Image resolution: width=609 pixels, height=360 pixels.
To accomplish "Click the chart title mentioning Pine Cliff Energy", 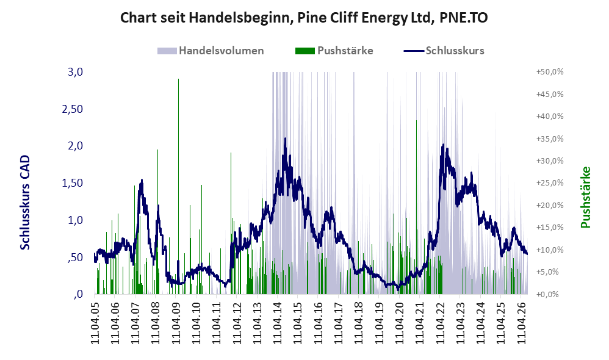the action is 304,18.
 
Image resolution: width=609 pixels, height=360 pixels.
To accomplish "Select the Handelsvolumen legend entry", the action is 211,51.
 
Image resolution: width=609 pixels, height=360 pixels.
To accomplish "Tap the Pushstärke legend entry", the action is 334,51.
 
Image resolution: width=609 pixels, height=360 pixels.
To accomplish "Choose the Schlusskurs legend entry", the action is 444,51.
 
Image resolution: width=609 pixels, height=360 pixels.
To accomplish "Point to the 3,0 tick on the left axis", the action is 75,72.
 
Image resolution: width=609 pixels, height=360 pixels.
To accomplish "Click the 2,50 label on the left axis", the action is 73,109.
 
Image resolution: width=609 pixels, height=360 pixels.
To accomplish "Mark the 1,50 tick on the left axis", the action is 73,183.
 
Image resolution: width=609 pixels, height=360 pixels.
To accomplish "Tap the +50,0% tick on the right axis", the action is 550,72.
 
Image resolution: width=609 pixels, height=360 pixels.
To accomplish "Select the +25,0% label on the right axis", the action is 550,183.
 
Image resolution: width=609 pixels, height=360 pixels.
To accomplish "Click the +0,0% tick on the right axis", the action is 547,294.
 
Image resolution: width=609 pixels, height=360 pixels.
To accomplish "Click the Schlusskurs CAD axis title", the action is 25,203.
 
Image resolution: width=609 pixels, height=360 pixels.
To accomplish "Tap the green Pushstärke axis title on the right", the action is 585,197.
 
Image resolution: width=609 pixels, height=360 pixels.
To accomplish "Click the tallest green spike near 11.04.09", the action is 178,187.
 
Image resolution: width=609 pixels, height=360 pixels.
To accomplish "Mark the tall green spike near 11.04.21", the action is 416,207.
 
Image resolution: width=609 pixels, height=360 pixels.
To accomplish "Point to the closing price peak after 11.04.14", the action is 285,139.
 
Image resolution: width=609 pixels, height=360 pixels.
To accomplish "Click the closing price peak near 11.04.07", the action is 142,180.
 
